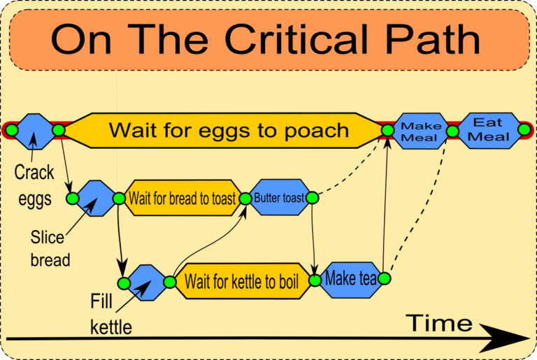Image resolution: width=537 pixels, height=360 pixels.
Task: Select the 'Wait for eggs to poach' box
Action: click(x=228, y=130)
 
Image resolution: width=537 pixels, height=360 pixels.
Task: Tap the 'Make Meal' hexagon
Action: click(x=420, y=131)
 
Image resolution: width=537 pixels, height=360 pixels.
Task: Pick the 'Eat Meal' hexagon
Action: click(x=489, y=130)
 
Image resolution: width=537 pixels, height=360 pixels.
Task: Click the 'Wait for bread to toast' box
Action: click(x=182, y=199)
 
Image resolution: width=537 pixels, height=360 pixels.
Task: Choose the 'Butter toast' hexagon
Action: click(x=279, y=199)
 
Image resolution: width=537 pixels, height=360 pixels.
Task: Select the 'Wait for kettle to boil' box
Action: click(x=241, y=282)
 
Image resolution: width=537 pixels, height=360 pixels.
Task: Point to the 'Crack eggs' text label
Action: click(x=34, y=184)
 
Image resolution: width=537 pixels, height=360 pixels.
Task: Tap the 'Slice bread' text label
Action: click(x=51, y=248)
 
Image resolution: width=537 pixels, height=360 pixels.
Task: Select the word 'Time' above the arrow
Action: click(x=439, y=323)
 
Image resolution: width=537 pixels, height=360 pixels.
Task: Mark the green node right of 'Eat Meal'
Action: click(x=524, y=129)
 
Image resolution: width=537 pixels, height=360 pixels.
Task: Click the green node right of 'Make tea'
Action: click(x=383, y=279)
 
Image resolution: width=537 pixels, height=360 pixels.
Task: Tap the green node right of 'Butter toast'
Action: click(x=312, y=199)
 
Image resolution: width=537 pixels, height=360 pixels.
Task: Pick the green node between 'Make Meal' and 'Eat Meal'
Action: click(x=452, y=131)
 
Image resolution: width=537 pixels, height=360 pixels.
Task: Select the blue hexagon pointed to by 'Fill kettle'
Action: click(x=147, y=282)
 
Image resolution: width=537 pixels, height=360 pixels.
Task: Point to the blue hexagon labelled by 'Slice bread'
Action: click(x=96, y=199)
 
